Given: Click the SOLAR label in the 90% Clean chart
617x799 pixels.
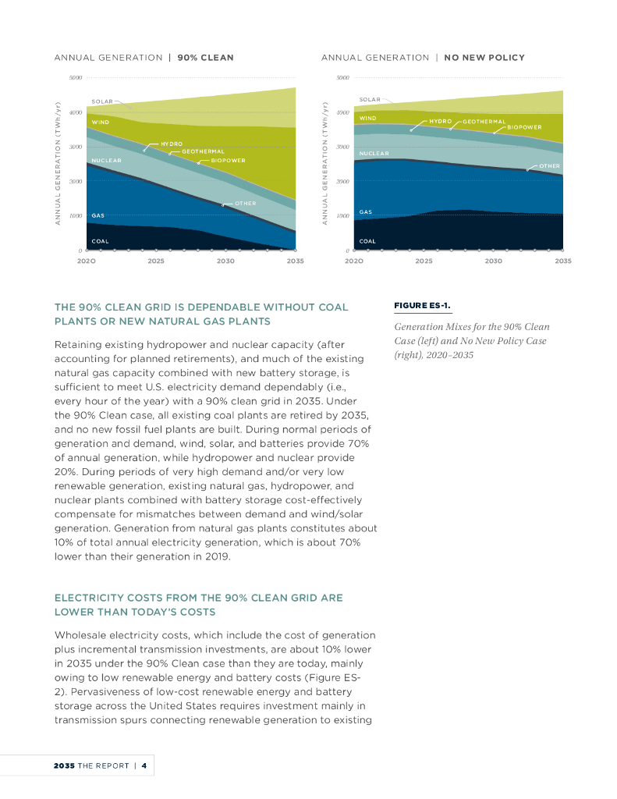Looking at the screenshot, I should (102, 101).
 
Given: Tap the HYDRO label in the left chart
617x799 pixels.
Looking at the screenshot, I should (172, 144).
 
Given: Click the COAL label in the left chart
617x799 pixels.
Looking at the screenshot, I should (100, 241).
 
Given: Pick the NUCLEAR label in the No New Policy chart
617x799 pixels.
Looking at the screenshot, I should (374, 153).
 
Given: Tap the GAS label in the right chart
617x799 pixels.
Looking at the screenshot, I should (365, 211).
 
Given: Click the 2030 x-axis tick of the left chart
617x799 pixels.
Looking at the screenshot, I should (225, 261).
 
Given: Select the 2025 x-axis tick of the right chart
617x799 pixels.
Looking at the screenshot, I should (424, 261).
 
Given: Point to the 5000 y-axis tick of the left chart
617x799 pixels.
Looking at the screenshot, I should (76, 78).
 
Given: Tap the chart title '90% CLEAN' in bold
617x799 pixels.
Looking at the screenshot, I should (205, 58).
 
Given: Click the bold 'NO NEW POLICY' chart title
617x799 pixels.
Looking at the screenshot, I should (484, 58).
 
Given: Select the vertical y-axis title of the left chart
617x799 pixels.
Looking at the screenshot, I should (58, 165).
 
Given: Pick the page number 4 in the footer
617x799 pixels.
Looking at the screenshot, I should (144, 765).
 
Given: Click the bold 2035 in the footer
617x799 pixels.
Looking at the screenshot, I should (64, 765).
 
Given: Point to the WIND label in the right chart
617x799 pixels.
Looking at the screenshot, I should (367, 118).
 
